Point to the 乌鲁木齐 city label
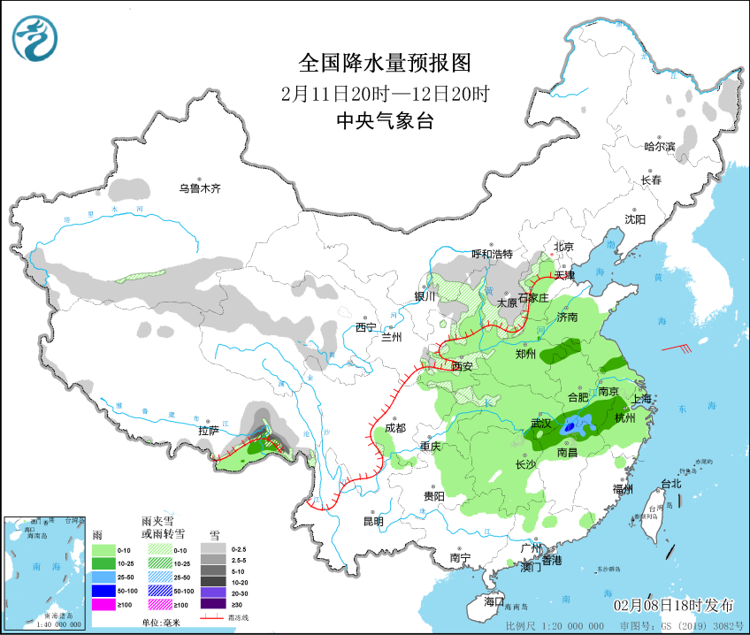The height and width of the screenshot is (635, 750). click(199, 188)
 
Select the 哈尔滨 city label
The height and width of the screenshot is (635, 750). click(659, 147)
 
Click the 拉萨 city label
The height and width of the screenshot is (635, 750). click(208, 431)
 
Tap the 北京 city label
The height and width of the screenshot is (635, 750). click(563, 247)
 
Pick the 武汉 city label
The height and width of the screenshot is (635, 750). click(540, 424)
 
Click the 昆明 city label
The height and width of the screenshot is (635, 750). click(372, 521)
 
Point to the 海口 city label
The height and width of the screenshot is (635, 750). click(494, 601)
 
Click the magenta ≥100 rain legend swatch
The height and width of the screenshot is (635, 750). click(104, 604)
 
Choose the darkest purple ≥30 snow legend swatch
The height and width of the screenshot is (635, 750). click(213, 604)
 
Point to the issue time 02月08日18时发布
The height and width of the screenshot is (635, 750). click(674, 606)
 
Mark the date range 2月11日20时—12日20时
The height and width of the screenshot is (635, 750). click(385, 93)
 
